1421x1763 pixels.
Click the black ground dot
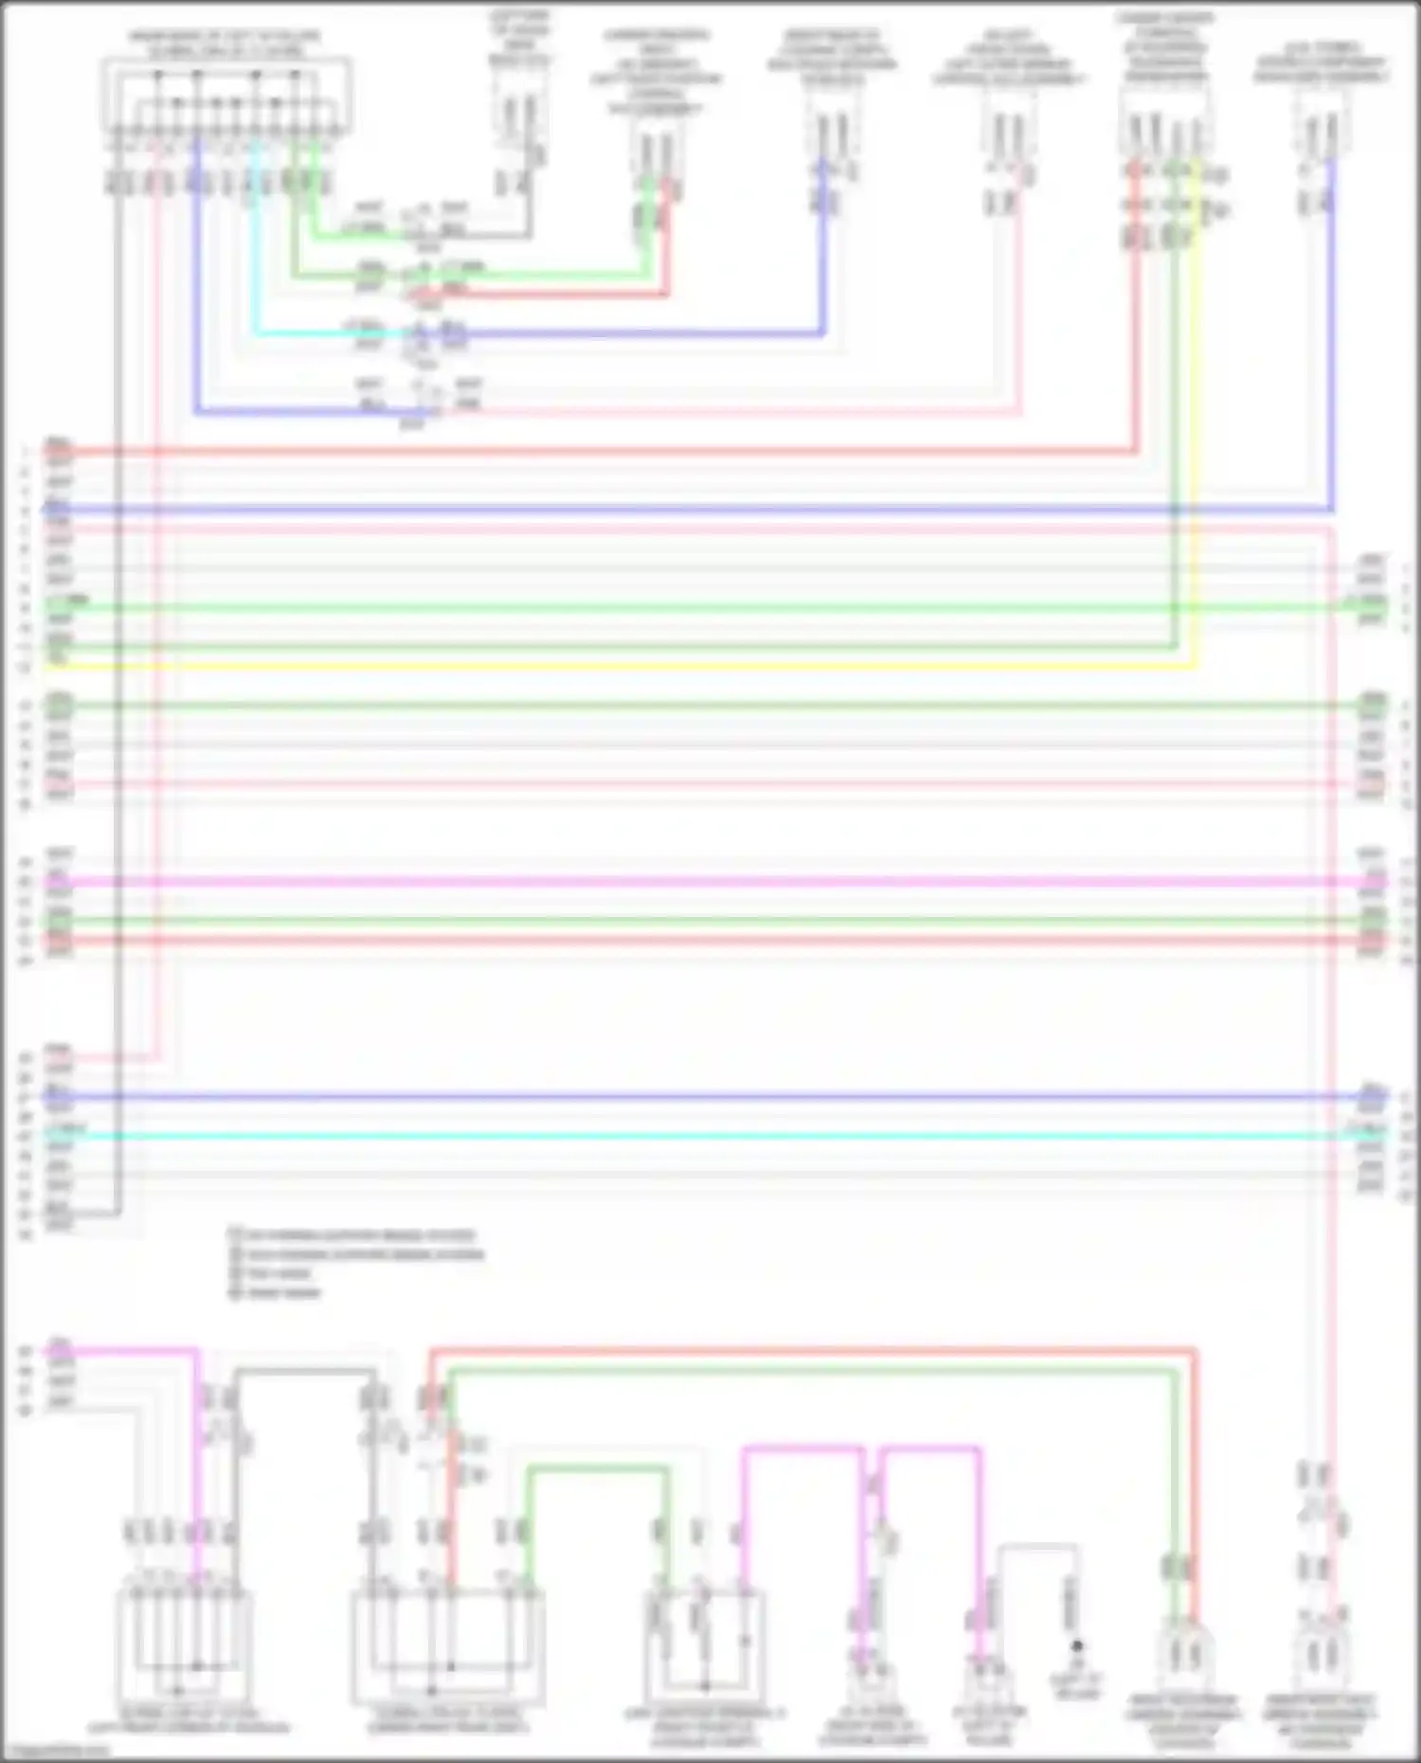click(x=1076, y=1646)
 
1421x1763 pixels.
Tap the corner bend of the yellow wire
click(x=1194, y=666)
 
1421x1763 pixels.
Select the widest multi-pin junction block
click(x=225, y=95)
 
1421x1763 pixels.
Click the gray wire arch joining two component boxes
click(x=303, y=1370)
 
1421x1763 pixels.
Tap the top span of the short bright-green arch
click(x=597, y=1469)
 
